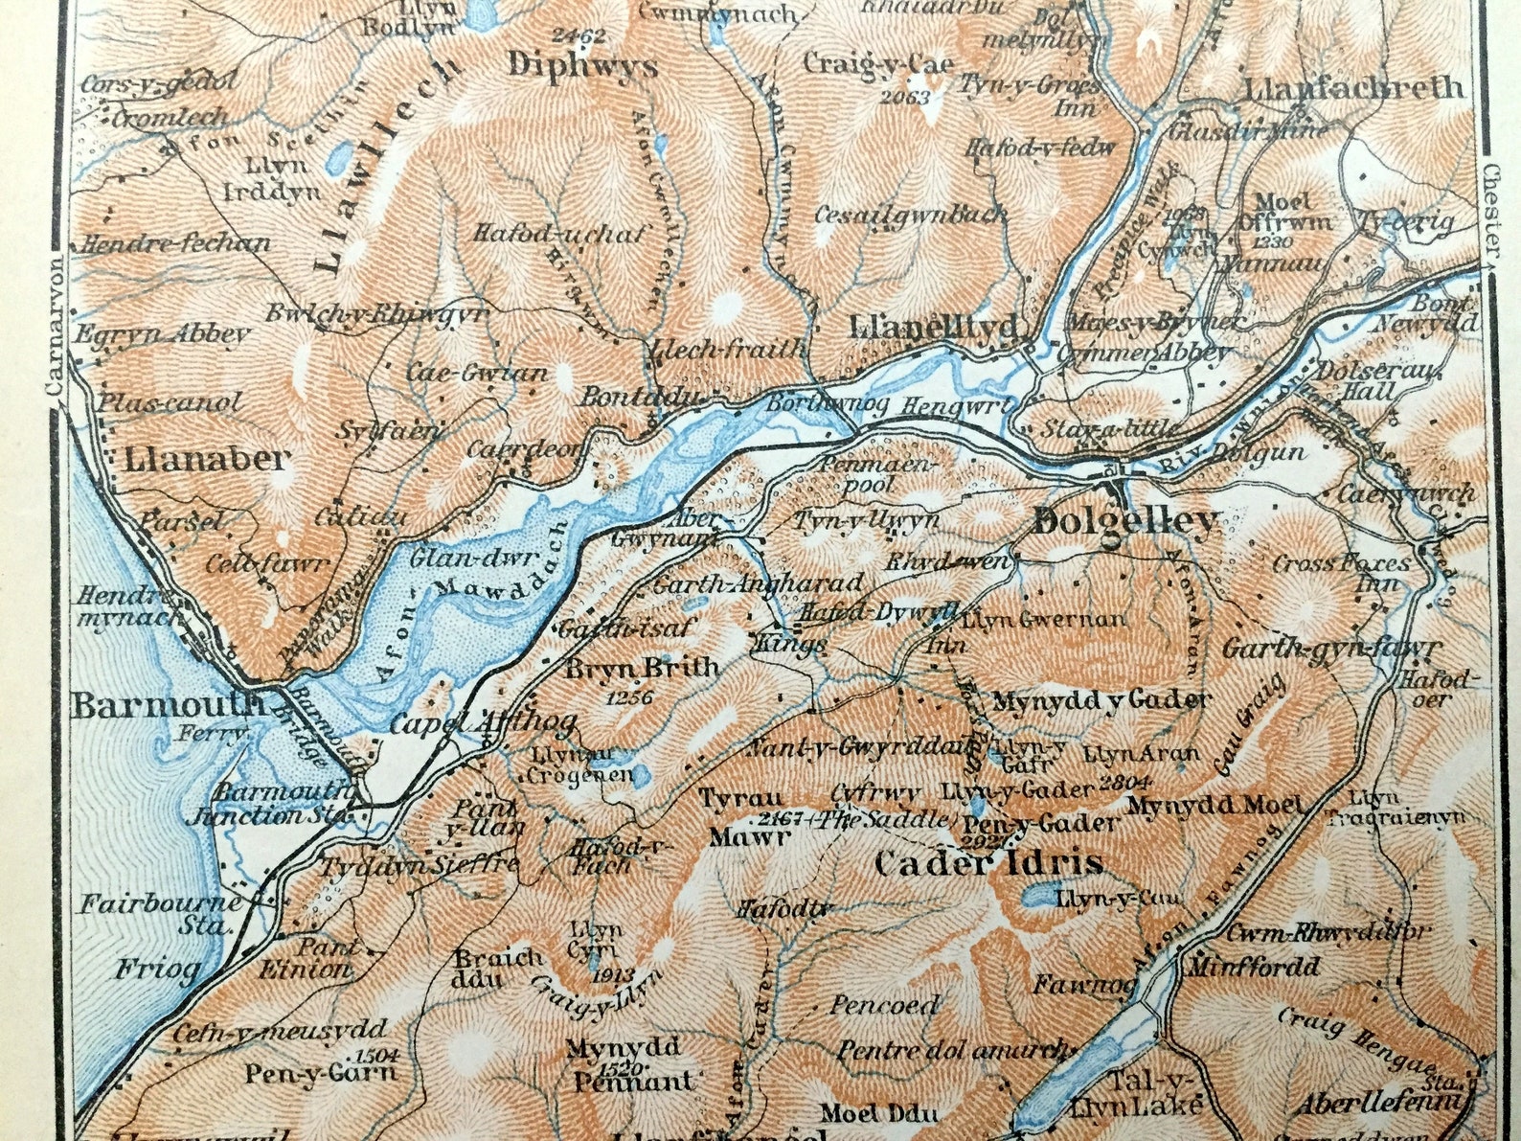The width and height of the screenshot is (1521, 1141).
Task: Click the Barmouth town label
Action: (168, 706)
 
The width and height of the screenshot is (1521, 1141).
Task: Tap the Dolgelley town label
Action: (1126, 522)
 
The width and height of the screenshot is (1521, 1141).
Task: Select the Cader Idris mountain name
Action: (988, 863)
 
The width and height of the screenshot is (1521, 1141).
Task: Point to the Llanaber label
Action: (205, 459)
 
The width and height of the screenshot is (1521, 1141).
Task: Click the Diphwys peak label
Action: (582, 66)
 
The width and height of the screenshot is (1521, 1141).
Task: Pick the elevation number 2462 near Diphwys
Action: (579, 35)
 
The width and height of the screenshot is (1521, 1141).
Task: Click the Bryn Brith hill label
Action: (642, 668)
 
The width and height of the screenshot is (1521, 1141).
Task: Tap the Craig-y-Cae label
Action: (878, 64)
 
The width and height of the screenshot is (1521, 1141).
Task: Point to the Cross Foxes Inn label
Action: (1341, 573)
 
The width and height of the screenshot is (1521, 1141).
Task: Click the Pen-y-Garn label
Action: (319, 1072)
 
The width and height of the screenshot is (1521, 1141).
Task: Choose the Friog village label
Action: (158, 969)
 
